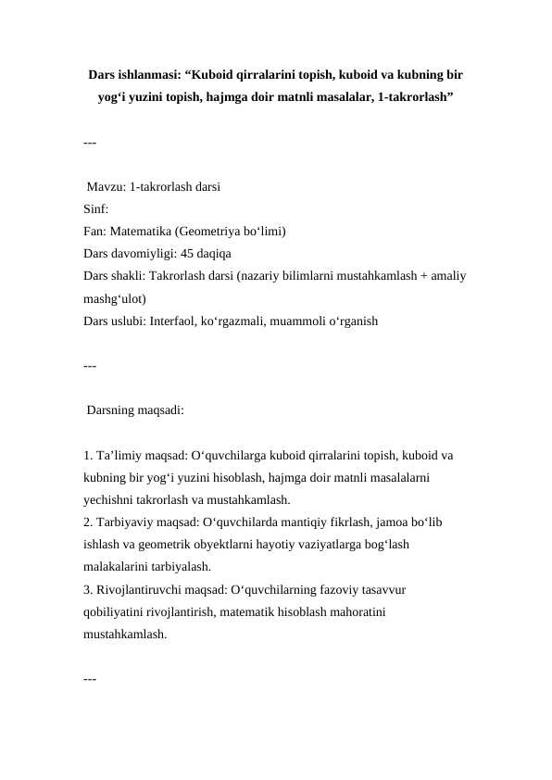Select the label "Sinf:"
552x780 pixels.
(96, 209)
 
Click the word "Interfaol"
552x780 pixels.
(178, 321)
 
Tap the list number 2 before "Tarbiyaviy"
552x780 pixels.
(86, 522)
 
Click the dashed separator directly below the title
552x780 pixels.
(90, 144)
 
